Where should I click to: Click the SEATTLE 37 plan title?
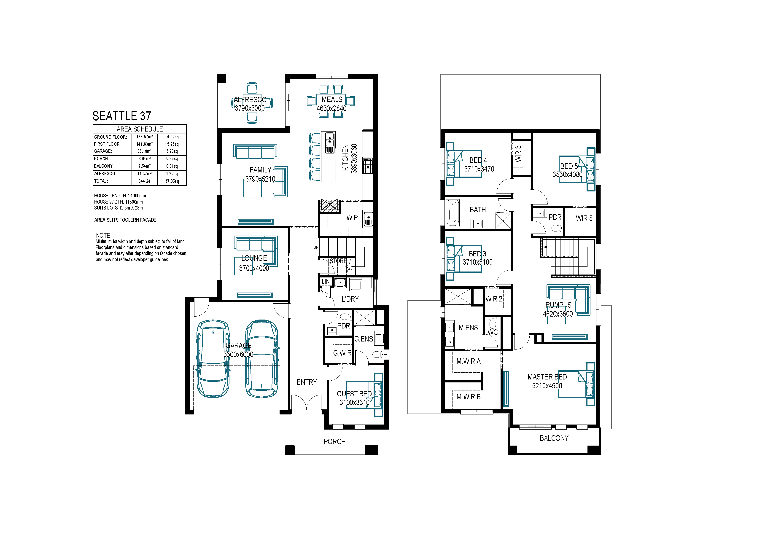[x=122, y=116]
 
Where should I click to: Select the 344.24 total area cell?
[x=144, y=181]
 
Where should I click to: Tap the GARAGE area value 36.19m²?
[x=144, y=151]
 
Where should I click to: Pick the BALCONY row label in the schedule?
[x=104, y=166]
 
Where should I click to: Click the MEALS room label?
[x=332, y=99]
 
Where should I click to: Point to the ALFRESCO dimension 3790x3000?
[x=250, y=108]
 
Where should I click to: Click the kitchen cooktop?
[x=368, y=165]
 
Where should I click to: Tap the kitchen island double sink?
[x=330, y=143]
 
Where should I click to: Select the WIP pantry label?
[x=352, y=218]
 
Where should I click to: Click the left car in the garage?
[x=213, y=359]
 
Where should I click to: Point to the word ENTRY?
[x=307, y=382]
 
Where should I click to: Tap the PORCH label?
[x=335, y=441]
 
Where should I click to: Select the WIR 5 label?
[x=584, y=218]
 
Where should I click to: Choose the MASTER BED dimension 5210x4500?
[x=547, y=386]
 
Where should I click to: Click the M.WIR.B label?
[x=469, y=397]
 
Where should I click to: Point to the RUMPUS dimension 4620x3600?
[x=558, y=314]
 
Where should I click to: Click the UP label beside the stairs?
[x=316, y=247]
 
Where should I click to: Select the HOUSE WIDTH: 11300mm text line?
[x=118, y=202]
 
